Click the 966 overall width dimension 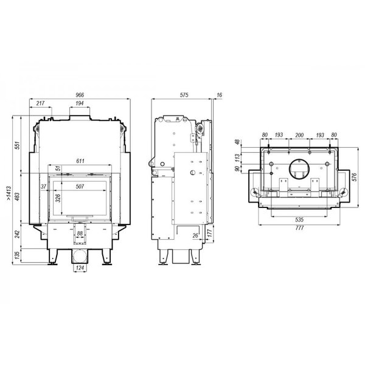coord(80,95)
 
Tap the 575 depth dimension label coord(184,95)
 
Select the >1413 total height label coord(9,193)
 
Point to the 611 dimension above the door coord(80,161)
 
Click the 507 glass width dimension coord(80,187)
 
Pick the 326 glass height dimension coord(58,198)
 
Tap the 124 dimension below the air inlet coord(80,268)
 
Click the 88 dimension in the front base coord(80,233)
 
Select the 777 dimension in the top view coord(299,228)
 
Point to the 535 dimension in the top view coord(299,220)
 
